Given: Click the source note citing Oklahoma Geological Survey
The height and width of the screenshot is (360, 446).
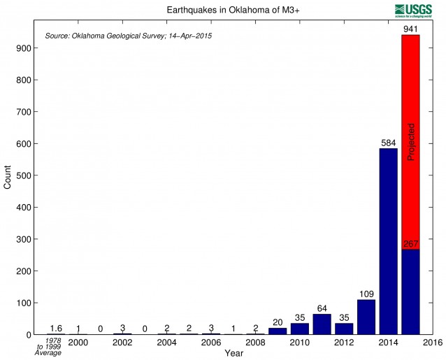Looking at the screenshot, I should [x=128, y=35].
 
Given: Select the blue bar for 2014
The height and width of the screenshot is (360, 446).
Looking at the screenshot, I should [x=388, y=241].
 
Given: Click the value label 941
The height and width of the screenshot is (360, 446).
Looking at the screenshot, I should [x=410, y=29].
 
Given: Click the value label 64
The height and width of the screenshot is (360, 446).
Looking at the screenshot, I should [x=322, y=309].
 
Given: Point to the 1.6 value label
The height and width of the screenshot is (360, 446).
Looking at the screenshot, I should [x=57, y=329].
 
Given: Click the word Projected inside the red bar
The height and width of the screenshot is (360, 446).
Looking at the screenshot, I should [x=411, y=142].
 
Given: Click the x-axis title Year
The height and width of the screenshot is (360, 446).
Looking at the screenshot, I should [x=233, y=354].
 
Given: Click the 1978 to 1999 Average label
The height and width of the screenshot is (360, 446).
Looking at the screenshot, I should [x=48, y=347].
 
